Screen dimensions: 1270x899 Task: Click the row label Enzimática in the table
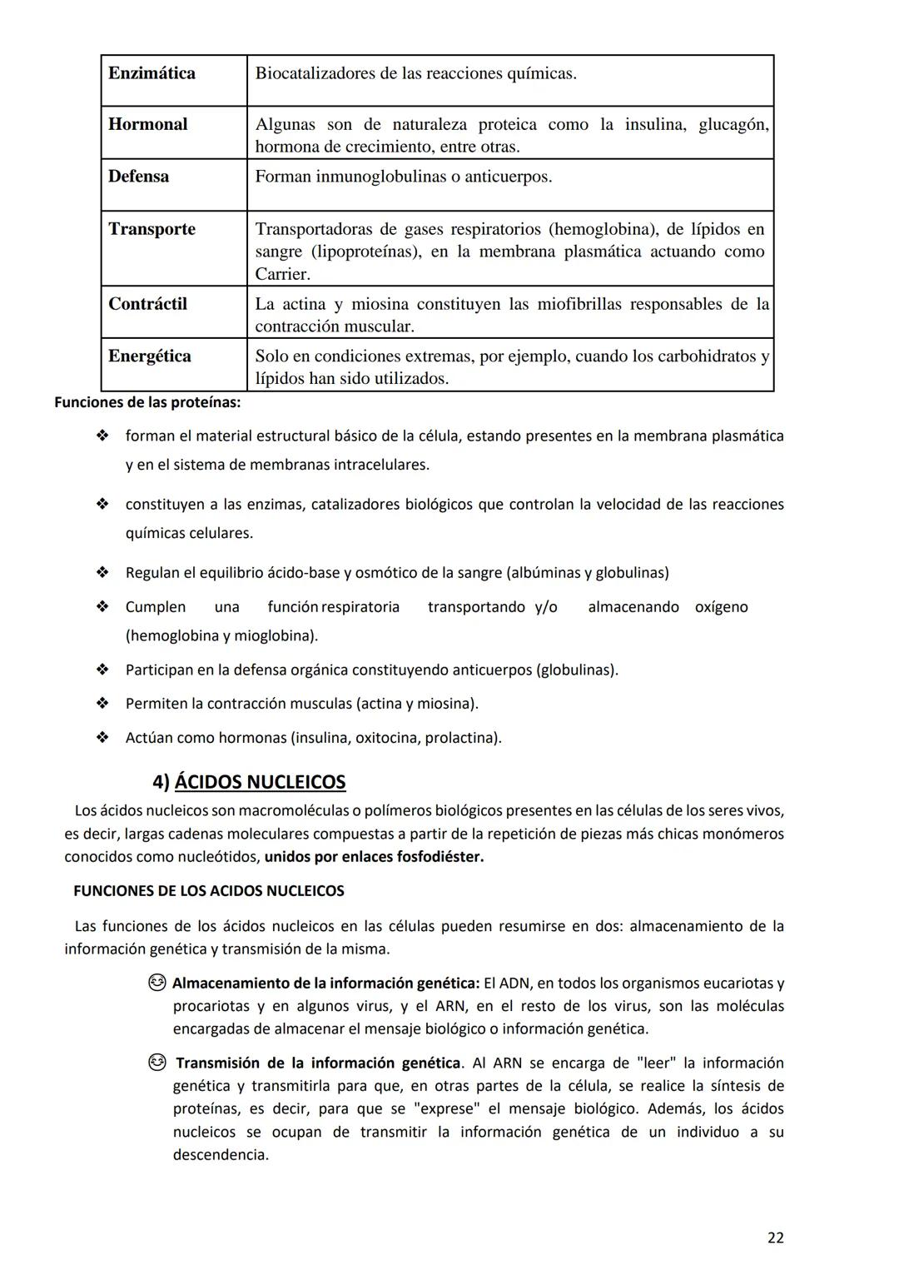click(x=151, y=73)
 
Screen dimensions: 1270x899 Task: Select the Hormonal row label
click(x=147, y=124)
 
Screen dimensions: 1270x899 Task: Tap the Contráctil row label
click(x=147, y=304)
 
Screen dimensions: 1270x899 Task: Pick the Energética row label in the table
click(x=150, y=356)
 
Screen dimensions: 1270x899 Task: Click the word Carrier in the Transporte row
click(x=281, y=274)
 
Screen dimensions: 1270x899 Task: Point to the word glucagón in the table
click(x=733, y=124)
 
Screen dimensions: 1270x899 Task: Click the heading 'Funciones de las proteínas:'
click(x=147, y=403)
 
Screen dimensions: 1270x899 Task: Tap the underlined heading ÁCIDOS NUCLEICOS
click(x=260, y=782)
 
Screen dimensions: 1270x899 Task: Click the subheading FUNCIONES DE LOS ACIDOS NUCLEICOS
click(x=208, y=891)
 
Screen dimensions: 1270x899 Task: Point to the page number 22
click(x=775, y=1238)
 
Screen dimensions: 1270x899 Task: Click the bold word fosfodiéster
click(x=435, y=857)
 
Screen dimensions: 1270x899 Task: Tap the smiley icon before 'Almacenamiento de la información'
click(x=156, y=984)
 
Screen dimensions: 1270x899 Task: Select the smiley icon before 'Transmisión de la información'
click(x=156, y=1063)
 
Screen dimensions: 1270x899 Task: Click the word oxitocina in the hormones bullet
click(x=386, y=738)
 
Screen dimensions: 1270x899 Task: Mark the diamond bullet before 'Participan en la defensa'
click(x=102, y=670)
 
